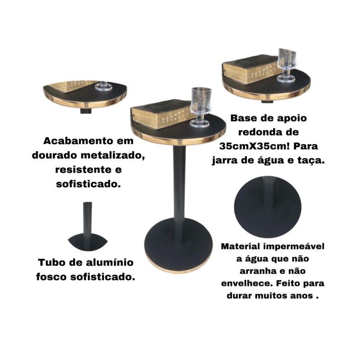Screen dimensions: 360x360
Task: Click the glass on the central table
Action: click(200, 107)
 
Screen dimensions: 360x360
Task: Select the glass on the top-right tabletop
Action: click(286, 65)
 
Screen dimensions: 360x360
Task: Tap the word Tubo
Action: click(51, 262)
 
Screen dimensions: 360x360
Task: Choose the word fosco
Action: click(51, 277)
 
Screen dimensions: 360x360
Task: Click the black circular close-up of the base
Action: click(268, 207)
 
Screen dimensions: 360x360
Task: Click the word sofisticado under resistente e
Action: click(89, 184)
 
